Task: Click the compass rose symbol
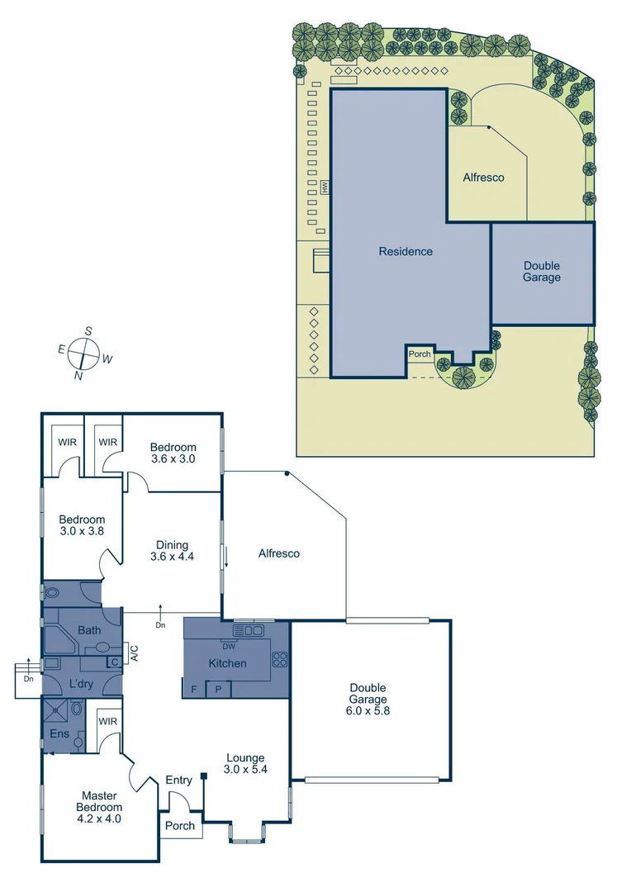pos(83,353)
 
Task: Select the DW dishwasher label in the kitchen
pos(228,647)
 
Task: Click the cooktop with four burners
pos(280,659)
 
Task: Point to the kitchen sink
pos(249,631)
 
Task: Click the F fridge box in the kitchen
pos(193,688)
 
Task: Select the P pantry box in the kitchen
pos(218,688)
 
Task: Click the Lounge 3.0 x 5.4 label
pos(246,764)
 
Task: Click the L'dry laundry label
pos(81,684)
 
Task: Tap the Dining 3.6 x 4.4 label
pos(170,550)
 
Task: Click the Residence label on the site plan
pos(406,251)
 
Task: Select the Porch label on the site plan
pos(420,354)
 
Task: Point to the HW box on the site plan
pos(325,187)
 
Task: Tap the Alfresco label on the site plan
pos(483,177)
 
